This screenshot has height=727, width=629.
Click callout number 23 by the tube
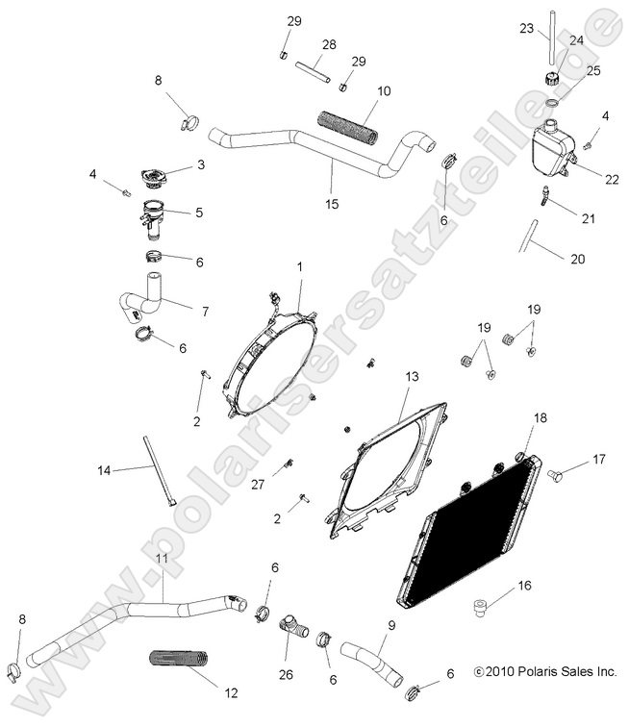coord(526,29)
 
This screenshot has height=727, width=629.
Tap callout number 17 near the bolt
coord(598,459)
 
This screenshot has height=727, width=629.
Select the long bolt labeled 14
coord(159,471)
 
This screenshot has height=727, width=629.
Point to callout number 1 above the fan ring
coord(299,265)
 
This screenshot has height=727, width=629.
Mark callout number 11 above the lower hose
coord(162,559)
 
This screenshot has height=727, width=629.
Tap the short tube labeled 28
coord(313,68)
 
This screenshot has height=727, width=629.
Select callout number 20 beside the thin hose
coord(577,260)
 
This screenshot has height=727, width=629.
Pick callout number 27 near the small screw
coord(257,485)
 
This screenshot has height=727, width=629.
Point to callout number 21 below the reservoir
coord(588,219)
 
